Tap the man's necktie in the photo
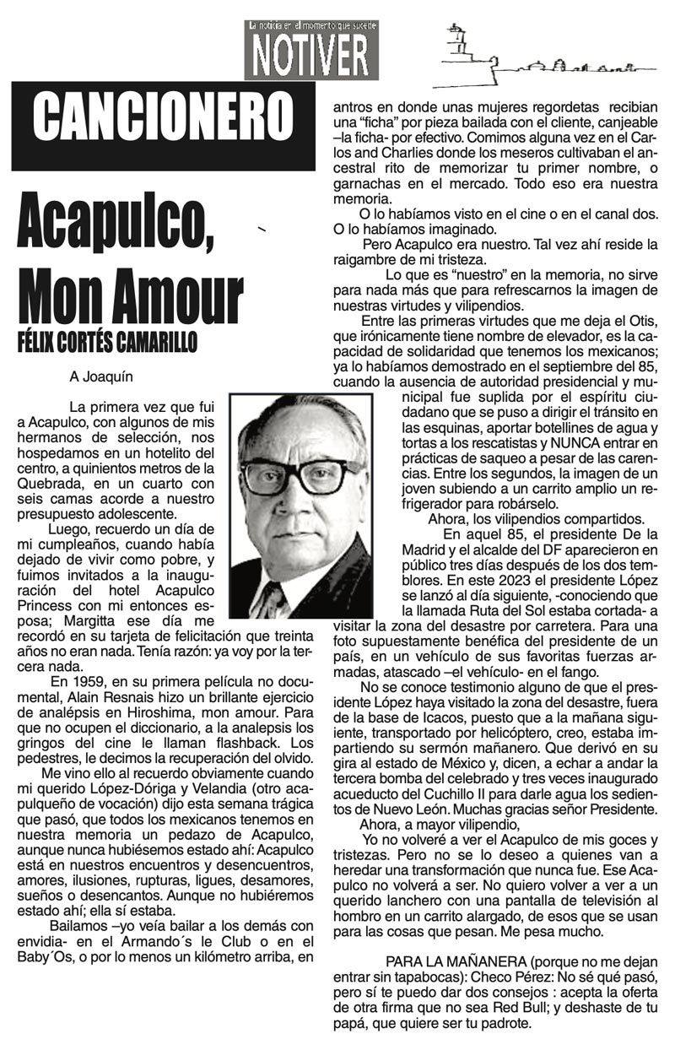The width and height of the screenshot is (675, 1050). (272, 600)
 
